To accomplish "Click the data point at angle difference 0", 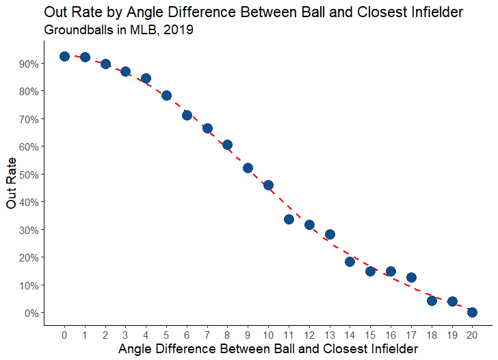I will tap(64, 56).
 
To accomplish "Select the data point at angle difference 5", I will tap(166, 95).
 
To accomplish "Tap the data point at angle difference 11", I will tap(289, 219).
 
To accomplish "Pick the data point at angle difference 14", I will tap(350, 261).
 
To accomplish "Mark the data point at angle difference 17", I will tap(411, 277).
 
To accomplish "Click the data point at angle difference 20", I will tap(472, 312).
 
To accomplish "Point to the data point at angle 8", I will tap(227, 144).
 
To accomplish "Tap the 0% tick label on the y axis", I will tap(35, 313).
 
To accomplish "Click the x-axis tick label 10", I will tap(268, 335).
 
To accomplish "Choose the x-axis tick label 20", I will tap(472, 335).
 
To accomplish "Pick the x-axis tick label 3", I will tap(125, 335).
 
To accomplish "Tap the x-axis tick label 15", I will tap(370, 335).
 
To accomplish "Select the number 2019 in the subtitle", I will tap(179, 31).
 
